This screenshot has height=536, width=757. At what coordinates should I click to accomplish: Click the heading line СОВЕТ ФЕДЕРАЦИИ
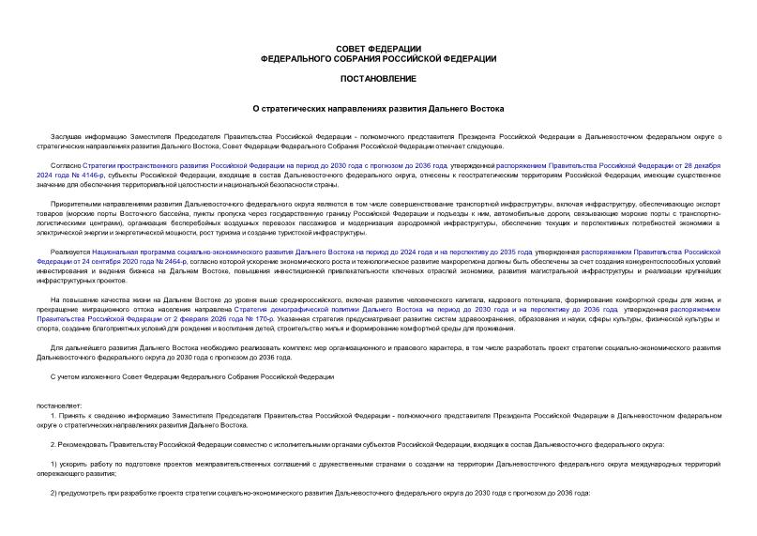tap(378, 48)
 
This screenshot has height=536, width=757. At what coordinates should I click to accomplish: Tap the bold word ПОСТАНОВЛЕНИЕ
tap(378, 80)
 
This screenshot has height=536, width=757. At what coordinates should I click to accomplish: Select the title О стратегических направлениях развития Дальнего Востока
tap(378, 110)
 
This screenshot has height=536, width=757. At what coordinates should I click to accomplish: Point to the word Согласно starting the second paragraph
tap(66, 164)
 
